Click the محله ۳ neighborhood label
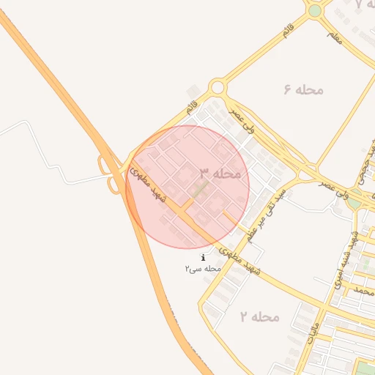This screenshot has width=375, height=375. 219,174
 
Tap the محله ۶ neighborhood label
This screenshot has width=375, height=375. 303,89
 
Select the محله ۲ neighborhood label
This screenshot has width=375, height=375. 259,316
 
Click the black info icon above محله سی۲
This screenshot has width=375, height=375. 203,258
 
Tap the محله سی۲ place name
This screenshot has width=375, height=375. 203,269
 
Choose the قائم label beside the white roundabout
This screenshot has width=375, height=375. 193,108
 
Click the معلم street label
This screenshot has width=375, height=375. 334,37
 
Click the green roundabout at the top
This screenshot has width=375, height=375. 315,11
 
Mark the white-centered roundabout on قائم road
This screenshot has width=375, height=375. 217,89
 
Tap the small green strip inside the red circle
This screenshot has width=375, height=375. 199,191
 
